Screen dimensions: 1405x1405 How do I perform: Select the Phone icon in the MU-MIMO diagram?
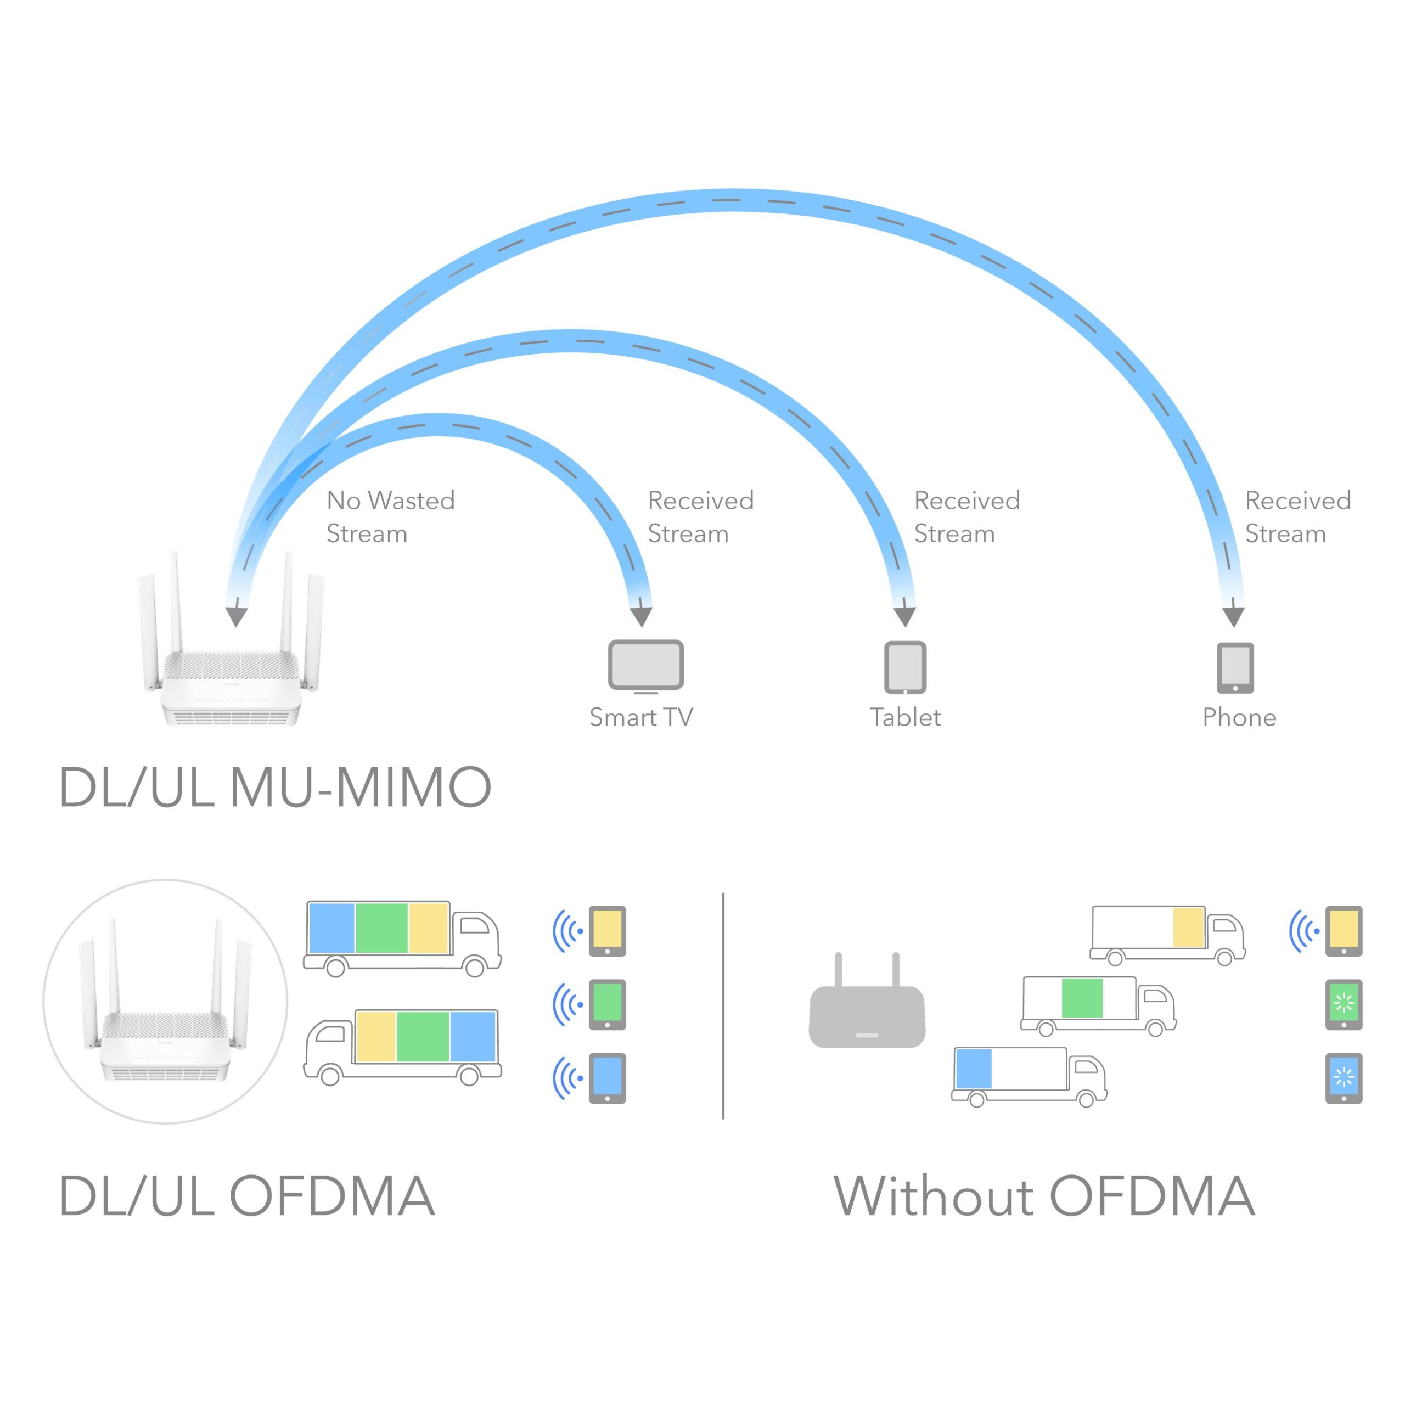tap(1235, 667)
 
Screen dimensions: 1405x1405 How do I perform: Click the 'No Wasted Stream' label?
tap(391, 516)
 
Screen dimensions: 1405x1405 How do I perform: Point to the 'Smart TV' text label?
tap(640, 718)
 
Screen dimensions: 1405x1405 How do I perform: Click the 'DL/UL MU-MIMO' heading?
tap(275, 787)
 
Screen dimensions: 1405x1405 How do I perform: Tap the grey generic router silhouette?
tap(867, 1007)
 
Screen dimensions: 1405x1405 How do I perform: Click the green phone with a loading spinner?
tap(1343, 1005)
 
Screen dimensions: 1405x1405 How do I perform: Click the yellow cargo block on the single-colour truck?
tap(1188, 927)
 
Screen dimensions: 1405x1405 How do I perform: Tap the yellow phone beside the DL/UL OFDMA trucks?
tap(606, 931)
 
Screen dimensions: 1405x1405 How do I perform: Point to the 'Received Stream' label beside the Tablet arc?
tap(966, 516)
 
